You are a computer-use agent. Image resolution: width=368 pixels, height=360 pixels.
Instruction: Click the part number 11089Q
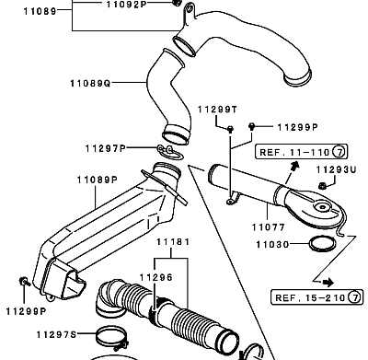pyautogui.click(x=90, y=83)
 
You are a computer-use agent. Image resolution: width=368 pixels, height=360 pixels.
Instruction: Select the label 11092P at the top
pyautogui.click(x=127, y=5)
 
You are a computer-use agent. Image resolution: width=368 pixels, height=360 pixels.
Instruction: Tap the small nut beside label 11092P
pyautogui.click(x=176, y=3)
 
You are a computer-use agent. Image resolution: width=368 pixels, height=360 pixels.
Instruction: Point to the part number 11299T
pyautogui.click(x=217, y=110)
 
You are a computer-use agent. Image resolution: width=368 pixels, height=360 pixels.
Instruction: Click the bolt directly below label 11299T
pyautogui.click(x=230, y=129)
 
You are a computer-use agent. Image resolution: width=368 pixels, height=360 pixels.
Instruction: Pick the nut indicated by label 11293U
pyautogui.click(x=322, y=185)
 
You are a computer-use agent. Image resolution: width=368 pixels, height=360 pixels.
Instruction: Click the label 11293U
pyautogui.click(x=337, y=169)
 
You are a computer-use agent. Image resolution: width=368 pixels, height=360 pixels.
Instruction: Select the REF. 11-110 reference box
pyautogui.click(x=302, y=152)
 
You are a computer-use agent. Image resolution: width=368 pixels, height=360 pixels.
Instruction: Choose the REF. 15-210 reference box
pyautogui.click(x=317, y=297)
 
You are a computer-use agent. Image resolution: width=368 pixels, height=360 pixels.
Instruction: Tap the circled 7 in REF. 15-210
pyautogui.click(x=355, y=297)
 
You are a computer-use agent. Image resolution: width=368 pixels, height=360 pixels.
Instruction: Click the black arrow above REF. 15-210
pyautogui.click(x=328, y=282)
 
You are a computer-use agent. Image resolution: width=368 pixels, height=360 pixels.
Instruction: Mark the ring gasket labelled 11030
pyautogui.click(x=322, y=244)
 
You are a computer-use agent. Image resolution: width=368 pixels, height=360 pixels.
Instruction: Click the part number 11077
pyautogui.click(x=269, y=227)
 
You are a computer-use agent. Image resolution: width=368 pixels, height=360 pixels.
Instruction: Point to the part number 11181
pyautogui.click(x=173, y=242)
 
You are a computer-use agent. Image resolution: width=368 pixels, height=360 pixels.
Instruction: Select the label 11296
pyautogui.click(x=156, y=278)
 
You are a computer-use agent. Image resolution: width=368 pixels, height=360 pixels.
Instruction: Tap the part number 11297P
pyautogui.click(x=106, y=149)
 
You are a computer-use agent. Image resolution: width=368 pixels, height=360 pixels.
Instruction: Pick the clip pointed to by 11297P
pyautogui.click(x=170, y=152)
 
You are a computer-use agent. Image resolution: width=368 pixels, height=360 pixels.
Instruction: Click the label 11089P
pyautogui.click(x=98, y=180)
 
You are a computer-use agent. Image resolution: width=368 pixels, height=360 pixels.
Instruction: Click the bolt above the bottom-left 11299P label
pyautogui.click(x=24, y=281)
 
